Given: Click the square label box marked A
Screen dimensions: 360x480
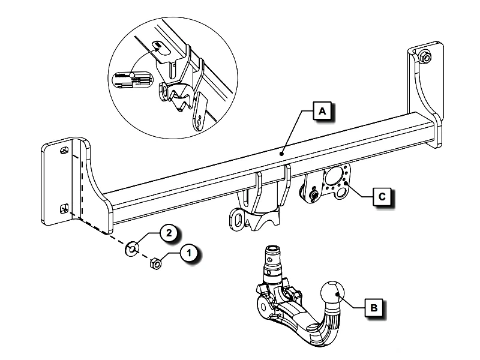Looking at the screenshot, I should [x=322, y=112].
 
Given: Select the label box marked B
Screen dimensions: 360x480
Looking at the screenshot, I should [x=373, y=308].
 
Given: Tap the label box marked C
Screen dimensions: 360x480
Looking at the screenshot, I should [x=382, y=196].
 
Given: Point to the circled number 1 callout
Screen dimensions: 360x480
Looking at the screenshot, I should [x=189, y=254].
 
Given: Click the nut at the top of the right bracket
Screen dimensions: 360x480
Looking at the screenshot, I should [x=425, y=57].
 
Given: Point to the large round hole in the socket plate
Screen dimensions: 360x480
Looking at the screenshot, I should [x=334, y=178].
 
